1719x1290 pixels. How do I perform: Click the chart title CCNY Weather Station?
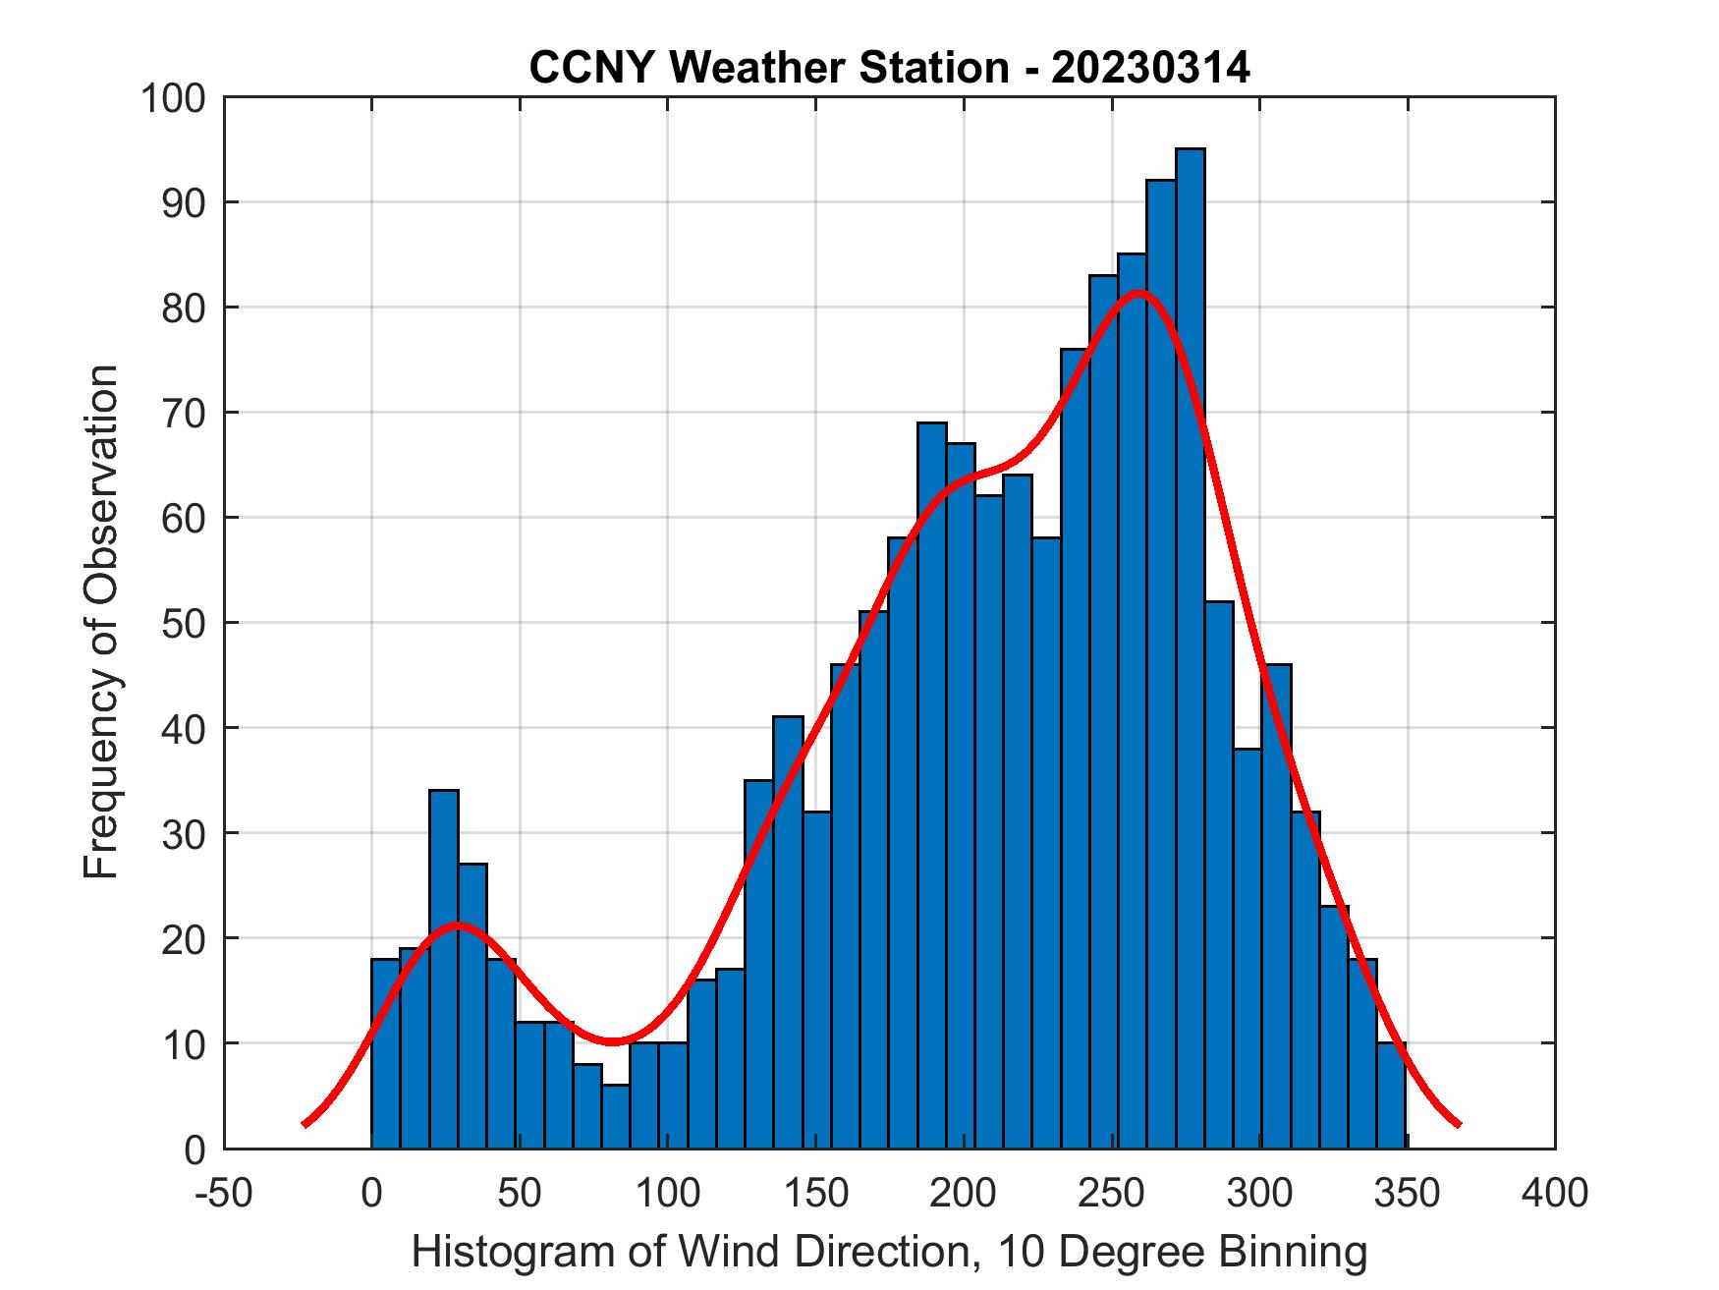(x=889, y=68)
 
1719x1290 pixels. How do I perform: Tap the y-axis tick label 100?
(x=173, y=98)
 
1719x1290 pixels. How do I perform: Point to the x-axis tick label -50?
(x=225, y=1193)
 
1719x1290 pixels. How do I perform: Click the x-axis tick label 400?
(x=1555, y=1193)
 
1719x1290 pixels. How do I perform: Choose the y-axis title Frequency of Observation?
(x=101, y=622)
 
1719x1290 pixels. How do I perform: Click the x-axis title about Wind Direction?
(x=889, y=1252)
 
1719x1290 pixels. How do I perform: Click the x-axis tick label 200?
(x=964, y=1193)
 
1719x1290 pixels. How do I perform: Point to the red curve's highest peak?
(x=1139, y=293)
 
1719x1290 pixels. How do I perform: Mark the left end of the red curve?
(x=305, y=1124)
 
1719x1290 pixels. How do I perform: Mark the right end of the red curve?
(x=1459, y=1124)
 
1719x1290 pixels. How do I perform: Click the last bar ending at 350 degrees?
(x=1391, y=1095)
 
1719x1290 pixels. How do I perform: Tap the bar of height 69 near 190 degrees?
(x=932, y=785)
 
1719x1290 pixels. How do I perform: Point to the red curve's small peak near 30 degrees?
(x=458, y=925)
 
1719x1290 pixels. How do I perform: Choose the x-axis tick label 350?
(x=1407, y=1193)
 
